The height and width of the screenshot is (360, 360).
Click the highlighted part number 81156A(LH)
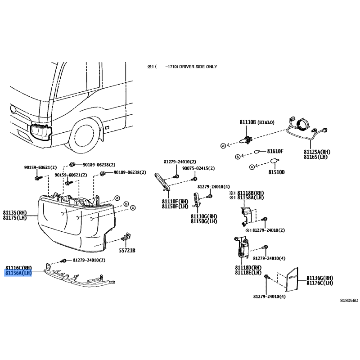pos(18,273)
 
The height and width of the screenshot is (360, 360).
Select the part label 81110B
pos(247,122)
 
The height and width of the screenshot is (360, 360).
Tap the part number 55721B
pos(127,250)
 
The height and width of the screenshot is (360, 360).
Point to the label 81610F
pos(275,151)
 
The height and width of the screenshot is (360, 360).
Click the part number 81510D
pos(276,172)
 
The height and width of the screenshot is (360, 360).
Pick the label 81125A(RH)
pos(317,152)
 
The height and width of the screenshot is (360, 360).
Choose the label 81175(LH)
pos(15,218)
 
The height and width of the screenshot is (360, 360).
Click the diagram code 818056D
pos(349,300)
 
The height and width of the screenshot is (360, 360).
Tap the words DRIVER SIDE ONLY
pos(198,67)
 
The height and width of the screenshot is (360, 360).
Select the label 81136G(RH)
pos(319,278)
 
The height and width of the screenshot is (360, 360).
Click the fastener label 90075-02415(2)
pos(198,168)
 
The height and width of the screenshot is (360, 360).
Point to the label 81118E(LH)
pos(248,273)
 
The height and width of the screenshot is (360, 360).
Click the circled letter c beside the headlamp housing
pos(133,208)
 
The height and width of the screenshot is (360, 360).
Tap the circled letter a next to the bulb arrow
pos(223,145)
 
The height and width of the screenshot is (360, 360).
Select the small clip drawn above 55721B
pos(126,237)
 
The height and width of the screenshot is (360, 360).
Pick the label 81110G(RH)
pos(204,216)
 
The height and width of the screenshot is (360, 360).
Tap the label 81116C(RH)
pos(19,268)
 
